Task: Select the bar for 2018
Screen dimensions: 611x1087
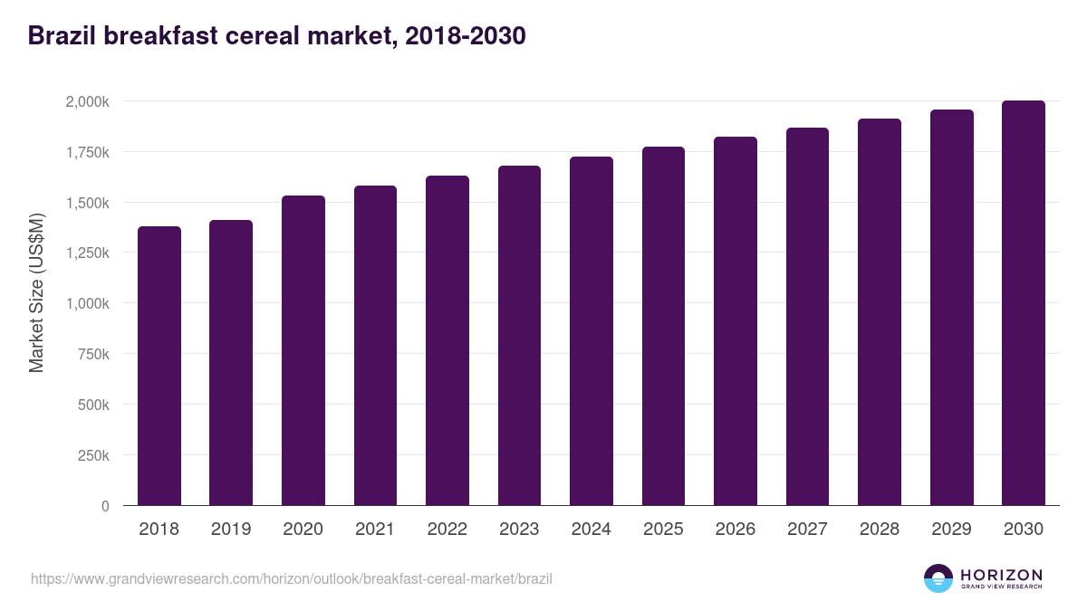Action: click(x=159, y=366)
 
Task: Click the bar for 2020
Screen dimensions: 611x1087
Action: click(x=303, y=350)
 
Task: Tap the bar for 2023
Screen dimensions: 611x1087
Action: click(x=519, y=336)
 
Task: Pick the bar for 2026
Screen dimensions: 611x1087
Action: click(x=735, y=321)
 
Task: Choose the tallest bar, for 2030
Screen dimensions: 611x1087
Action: click(x=1023, y=303)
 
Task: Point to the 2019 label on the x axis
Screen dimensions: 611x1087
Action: click(x=231, y=530)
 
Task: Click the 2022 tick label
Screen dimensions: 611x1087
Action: click(x=447, y=530)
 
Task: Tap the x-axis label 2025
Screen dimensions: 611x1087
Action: click(x=663, y=530)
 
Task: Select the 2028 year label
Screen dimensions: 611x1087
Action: click(x=880, y=530)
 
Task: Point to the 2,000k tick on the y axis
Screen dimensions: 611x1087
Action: click(x=87, y=101)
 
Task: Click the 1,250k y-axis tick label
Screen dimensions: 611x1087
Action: click(x=87, y=253)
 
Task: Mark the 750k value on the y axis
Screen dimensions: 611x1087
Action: click(x=92, y=355)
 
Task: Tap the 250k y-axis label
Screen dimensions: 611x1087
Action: click(x=92, y=456)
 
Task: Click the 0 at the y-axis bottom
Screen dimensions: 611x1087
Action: click(x=105, y=507)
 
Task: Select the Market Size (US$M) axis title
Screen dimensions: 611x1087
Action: click(x=36, y=291)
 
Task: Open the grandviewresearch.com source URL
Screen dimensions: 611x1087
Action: click(x=291, y=578)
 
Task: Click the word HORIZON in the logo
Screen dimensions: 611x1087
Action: click(x=1001, y=575)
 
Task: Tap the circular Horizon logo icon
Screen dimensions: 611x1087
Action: click(x=938, y=578)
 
